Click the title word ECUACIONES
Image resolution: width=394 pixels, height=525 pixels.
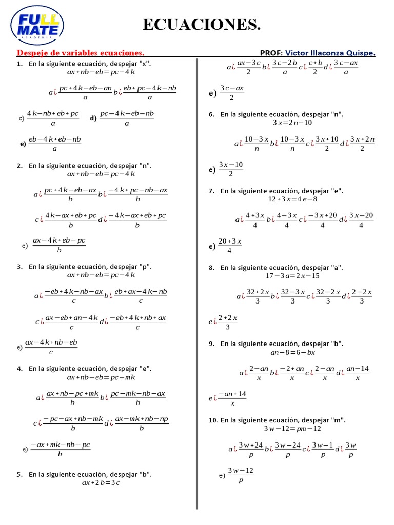point(201,24)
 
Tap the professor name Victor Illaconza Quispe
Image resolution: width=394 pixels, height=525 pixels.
point(330,53)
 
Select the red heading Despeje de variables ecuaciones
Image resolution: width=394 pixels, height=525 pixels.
point(81,53)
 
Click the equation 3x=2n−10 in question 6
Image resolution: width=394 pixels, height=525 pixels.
point(292,123)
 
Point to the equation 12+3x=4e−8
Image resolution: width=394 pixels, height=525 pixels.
point(292,199)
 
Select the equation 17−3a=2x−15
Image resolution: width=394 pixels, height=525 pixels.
point(292,275)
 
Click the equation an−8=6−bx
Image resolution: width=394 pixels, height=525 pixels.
point(293,352)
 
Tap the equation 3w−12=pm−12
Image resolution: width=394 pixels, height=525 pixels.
point(292,428)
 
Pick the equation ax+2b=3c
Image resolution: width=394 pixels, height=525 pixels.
point(101,482)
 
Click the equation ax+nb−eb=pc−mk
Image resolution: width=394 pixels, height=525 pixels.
point(101,377)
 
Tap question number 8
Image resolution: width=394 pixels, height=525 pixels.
point(211,268)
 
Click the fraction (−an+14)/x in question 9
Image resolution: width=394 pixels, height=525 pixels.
point(232,398)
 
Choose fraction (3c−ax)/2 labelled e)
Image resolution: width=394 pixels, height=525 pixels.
point(231,93)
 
